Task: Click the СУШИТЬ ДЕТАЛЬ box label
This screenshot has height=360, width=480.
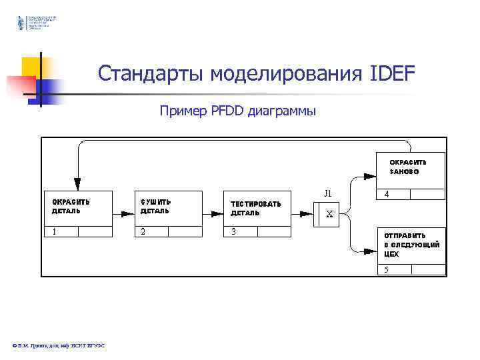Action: pyautogui.click(x=155, y=206)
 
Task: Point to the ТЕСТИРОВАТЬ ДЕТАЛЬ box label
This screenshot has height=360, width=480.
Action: pyautogui.click(x=255, y=208)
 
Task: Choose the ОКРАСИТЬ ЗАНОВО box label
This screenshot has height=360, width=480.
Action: pyautogui.click(x=408, y=166)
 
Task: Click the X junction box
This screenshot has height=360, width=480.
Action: pyautogui.click(x=330, y=215)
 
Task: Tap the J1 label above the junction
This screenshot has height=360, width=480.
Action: pyautogui.click(x=328, y=193)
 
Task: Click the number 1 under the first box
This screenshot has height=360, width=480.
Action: pyautogui.click(x=54, y=232)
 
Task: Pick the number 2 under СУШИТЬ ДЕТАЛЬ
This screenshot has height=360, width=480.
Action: pyautogui.click(x=143, y=232)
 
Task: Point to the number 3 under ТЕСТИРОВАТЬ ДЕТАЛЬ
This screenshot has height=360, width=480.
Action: pyautogui.click(x=233, y=232)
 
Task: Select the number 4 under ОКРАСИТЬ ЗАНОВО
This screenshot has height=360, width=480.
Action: pyautogui.click(x=387, y=195)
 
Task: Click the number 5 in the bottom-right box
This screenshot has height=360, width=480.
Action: pyautogui.click(x=387, y=269)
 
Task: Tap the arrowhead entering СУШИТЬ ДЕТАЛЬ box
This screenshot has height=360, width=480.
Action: pyautogui.click(x=127, y=215)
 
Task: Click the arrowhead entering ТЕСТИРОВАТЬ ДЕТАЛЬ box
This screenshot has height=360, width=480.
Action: pyautogui.click(x=216, y=215)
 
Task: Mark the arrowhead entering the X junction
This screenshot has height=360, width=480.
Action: pyautogui.click(x=306, y=215)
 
